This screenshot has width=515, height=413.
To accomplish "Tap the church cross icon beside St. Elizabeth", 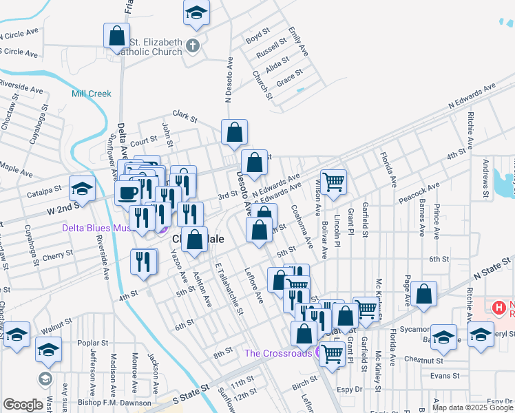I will [193, 47].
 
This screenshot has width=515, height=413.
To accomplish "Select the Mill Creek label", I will [91, 94].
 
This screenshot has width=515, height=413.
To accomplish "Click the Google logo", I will [23, 405].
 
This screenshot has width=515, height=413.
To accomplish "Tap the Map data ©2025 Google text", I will [472, 407].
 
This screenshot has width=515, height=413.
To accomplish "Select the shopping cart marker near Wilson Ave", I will [333, 182].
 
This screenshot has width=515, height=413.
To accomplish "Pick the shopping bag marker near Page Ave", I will [425, 294].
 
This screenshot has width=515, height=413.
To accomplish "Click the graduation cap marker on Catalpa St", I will [82, 189].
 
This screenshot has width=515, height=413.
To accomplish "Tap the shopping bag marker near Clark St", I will [234, 131].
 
